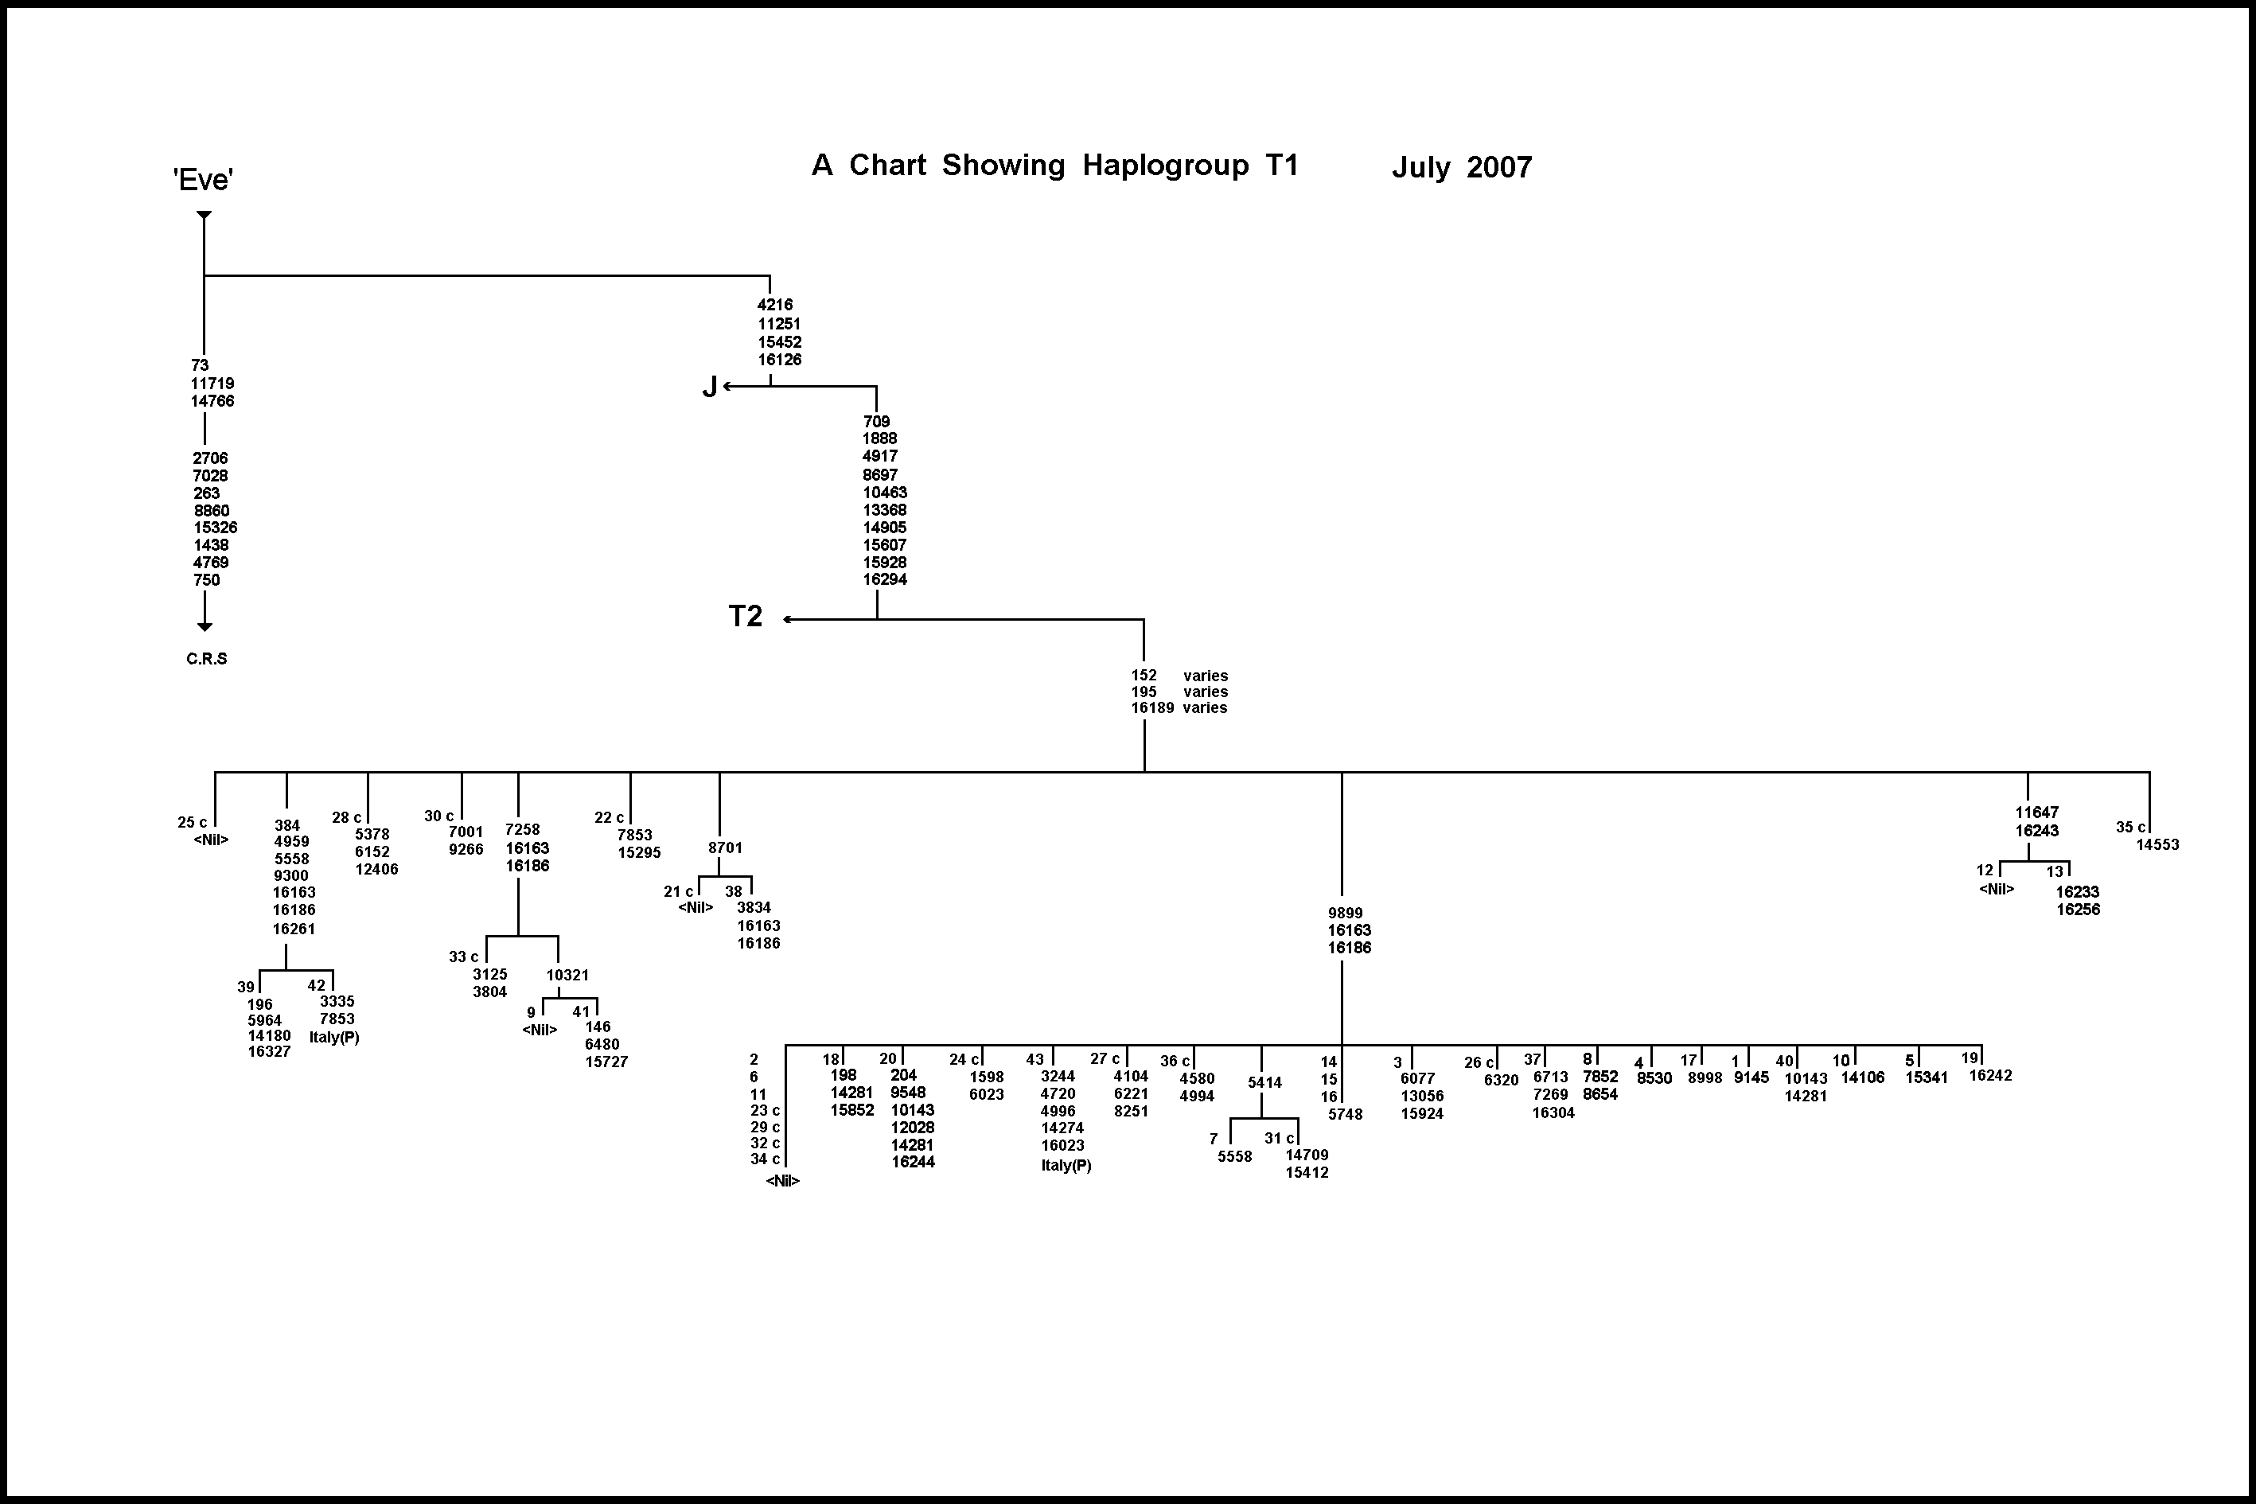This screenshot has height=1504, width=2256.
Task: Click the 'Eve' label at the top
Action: tap(204, 179)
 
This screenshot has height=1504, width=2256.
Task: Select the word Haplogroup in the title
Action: tap(1166, 166)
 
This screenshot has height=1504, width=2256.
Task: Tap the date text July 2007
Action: tap(1462, 168)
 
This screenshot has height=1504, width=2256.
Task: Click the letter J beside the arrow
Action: tap(710, 387)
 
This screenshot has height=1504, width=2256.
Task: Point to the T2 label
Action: tap(746, 616)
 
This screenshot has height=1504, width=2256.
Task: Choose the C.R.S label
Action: tap(206, 659)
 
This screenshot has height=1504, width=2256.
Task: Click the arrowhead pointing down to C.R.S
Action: tap(205, 626)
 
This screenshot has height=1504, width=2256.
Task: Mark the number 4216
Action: tap(775, 305)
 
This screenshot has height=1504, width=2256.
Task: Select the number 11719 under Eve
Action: tap(212, 384)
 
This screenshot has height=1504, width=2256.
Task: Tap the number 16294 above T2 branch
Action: tap(884, 579)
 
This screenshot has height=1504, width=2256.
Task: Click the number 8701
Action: tap(725, 848)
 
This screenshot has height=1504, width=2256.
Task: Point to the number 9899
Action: tap(1345, 914)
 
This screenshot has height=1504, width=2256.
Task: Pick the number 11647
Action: tap(2036, 812)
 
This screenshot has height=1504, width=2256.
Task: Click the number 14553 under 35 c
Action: tap(2157, 845)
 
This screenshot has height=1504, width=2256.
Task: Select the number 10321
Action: tap(567, 976)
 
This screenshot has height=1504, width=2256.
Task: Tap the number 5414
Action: tap(1264, 1083)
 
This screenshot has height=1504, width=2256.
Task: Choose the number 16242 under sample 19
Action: tap(1990, 1076)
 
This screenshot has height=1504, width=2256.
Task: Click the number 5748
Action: tap(1345, 1115)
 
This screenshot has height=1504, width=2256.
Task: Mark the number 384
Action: tap(286, 825)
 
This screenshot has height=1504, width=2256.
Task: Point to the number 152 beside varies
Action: tap(1144, 676)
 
